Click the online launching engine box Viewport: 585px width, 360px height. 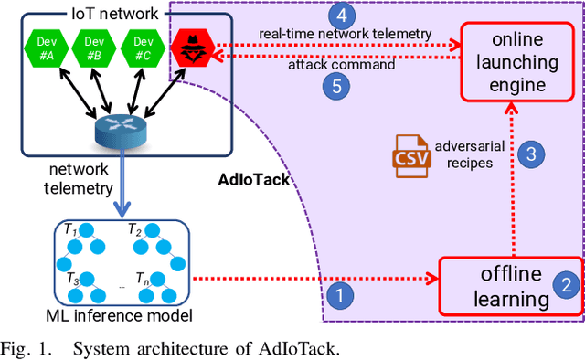[517, 59]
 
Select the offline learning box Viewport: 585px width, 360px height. [511, 286]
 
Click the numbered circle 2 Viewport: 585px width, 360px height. [567, 284]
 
